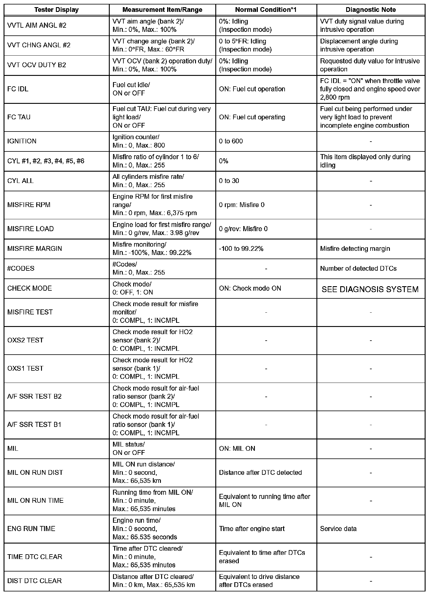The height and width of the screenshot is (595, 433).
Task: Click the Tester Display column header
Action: point(57,10)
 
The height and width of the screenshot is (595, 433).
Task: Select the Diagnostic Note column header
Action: point(371,10)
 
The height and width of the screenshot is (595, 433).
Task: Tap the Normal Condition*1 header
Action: point(266,10)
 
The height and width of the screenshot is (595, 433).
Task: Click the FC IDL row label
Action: point(18,89)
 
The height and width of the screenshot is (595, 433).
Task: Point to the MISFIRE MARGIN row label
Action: point(34,249)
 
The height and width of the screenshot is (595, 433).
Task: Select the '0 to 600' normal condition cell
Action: point(231,141)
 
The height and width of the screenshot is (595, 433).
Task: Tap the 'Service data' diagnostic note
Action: point(338,529)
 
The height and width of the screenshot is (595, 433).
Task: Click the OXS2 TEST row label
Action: point(25,340)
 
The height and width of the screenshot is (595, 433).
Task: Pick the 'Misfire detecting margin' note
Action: point(355,249)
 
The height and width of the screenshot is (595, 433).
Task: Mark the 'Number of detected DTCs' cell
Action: point(358,268)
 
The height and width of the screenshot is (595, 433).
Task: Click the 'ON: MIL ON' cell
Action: point(237,449)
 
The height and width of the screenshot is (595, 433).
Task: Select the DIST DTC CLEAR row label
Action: point(34,581)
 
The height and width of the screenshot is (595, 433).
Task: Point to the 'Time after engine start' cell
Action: point(252,529)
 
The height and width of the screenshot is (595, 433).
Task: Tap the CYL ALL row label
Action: point(21,181)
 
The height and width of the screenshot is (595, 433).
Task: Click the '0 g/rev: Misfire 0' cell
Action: point(243,229)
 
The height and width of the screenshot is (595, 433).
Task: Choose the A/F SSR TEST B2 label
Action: point(34,397)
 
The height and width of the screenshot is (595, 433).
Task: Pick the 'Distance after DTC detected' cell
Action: point(260,473)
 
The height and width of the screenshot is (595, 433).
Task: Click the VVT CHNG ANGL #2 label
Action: point(39,45)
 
